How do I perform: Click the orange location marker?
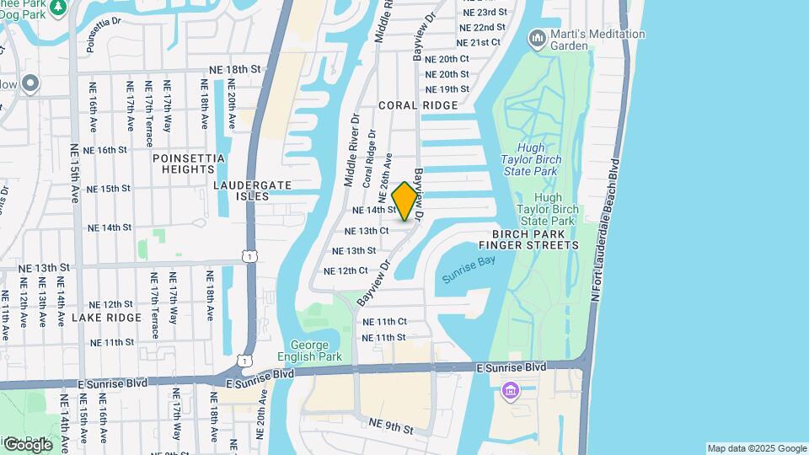coord(405,201)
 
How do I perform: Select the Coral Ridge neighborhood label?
coord(418,105)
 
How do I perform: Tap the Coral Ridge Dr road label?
coord(369,158)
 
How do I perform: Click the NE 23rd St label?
coord(485,12)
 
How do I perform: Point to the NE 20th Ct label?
coord(447,59)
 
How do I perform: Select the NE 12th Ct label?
coord(346,270)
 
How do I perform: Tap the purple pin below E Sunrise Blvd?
coord(511,391)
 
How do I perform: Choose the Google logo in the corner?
coord(28,444)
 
